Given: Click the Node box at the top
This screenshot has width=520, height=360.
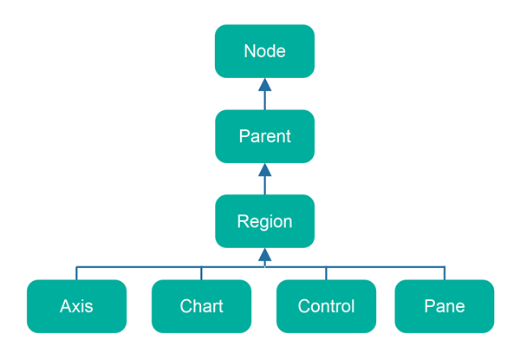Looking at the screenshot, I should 264,51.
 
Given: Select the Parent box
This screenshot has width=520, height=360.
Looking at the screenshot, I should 264,136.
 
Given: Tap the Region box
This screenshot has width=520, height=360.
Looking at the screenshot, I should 264,221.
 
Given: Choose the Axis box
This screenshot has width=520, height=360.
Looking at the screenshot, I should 76,306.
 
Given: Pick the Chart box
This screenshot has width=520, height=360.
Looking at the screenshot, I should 201,306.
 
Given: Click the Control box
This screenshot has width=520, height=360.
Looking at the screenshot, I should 326,306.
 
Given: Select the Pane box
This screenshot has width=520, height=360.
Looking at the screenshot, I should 445,306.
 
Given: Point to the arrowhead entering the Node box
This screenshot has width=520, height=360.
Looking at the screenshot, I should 264,84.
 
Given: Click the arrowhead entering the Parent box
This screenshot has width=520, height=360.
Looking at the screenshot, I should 264,169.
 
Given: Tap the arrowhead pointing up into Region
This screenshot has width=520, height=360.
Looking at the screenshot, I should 264,254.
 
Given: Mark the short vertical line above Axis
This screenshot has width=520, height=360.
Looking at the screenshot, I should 76,273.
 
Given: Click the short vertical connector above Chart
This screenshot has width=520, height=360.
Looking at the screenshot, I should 201,273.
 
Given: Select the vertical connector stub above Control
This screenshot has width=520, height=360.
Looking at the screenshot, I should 326,273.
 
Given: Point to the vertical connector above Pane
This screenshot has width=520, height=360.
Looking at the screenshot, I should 445,273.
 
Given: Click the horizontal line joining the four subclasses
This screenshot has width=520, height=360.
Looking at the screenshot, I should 139,266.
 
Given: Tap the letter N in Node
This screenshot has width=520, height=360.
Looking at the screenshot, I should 250,51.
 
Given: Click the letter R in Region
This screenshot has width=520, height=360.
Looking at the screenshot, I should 243,221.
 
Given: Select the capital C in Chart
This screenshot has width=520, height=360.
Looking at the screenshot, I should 185,306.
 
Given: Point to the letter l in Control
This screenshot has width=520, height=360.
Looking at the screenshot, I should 353,306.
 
